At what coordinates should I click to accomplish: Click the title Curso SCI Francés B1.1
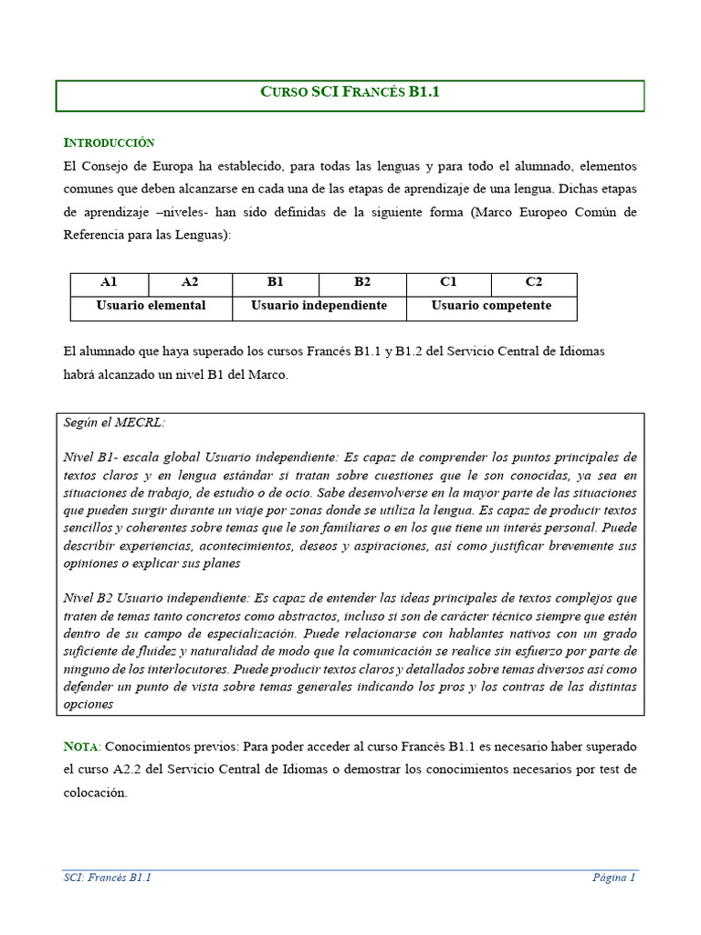(350, 92)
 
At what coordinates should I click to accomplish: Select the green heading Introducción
(109, 142)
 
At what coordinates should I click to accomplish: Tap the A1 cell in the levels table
(109, 283)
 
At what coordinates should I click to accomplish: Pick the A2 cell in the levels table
(190, 283)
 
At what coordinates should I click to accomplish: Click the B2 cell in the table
(362, 283)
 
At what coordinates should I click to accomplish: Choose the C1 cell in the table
(448, 283)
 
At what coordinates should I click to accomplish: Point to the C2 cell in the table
(534, 283)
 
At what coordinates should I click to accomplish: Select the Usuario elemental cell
(152, 306)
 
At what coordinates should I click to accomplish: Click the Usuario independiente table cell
(319, 306)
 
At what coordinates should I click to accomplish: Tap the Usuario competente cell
(491, 306)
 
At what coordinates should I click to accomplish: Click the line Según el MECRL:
(114, 423)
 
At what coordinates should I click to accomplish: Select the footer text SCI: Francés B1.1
(107, 877)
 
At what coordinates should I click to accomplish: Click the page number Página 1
(613, 877)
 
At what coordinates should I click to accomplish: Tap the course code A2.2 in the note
(130, 770)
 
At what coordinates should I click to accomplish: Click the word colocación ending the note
(95, 793)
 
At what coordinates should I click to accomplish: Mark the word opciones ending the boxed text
(89, 704)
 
